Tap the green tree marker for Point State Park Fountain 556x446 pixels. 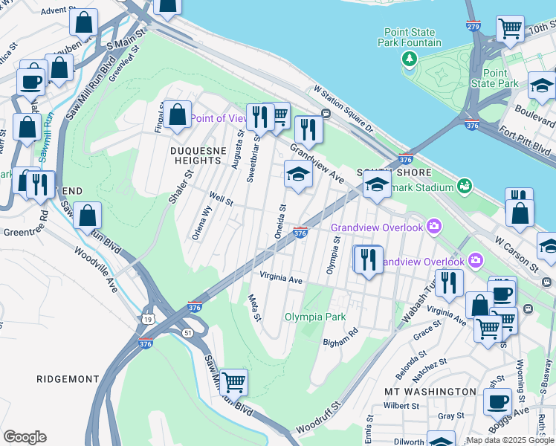409,58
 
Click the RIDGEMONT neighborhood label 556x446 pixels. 68,379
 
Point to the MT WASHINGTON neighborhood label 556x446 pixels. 430,391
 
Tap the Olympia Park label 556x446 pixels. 314,317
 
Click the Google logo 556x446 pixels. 25,437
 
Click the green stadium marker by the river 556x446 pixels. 465,184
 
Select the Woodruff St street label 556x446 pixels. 317,418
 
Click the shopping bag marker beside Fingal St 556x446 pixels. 178,116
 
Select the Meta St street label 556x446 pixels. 254,306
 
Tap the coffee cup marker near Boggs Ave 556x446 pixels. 497,402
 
